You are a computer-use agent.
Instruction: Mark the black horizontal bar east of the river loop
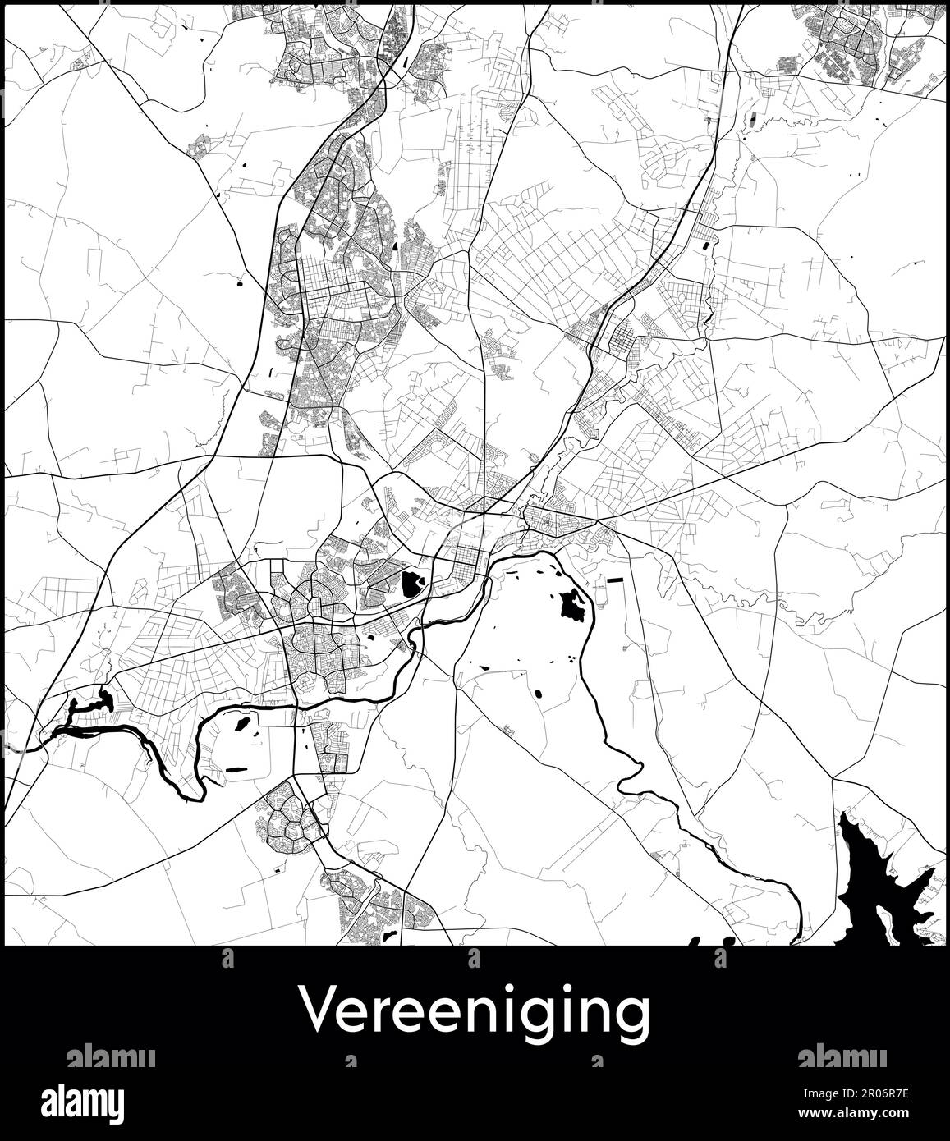coord(614,581)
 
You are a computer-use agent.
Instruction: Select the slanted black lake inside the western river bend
coord(242,724)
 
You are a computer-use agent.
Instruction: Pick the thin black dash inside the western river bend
coord(236,768)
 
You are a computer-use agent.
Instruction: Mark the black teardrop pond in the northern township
coord(396,245)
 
